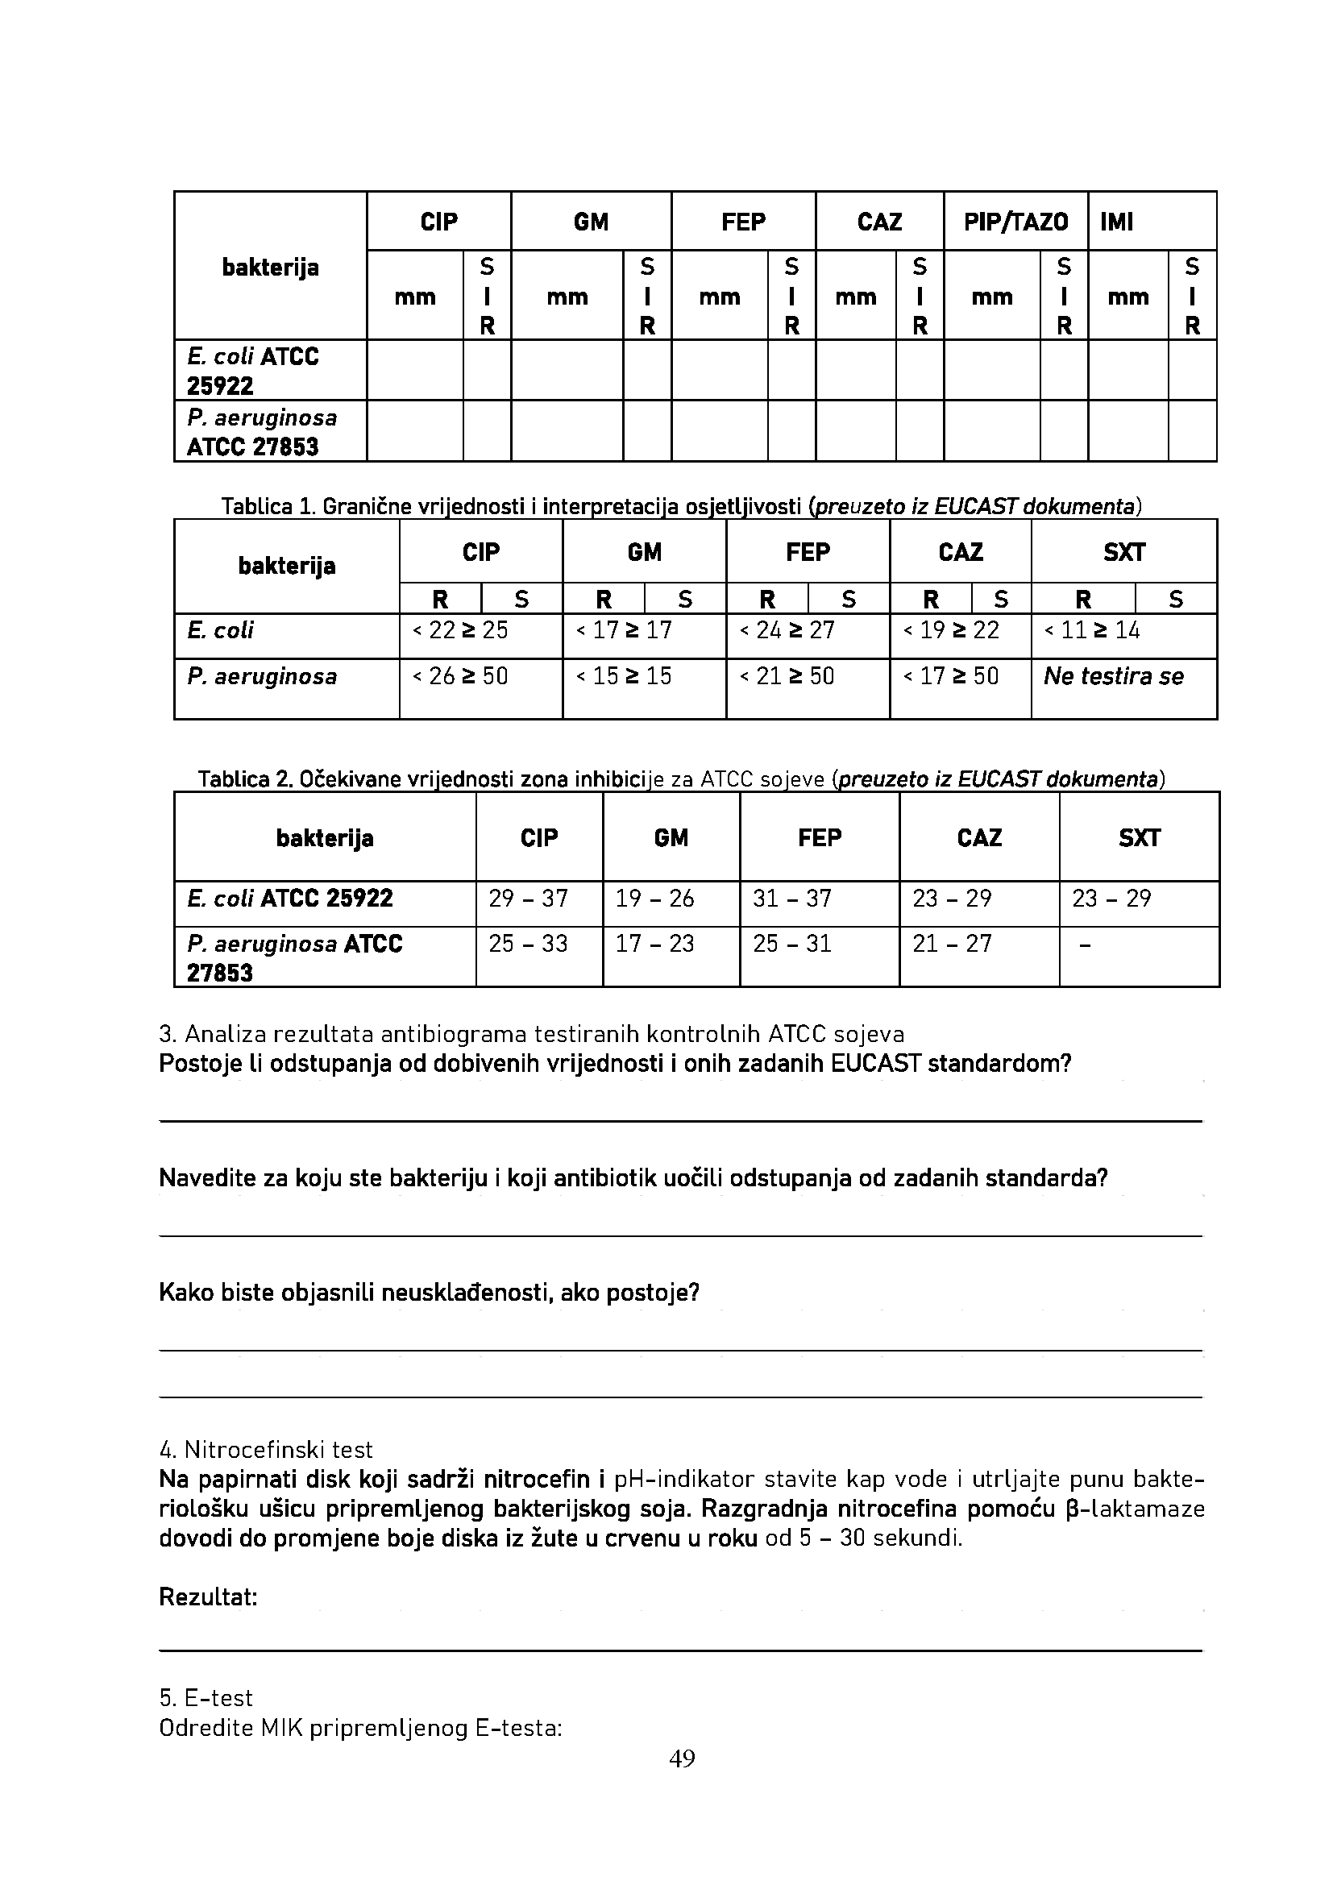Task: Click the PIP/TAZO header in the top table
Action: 1015,222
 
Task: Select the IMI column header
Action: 1116,222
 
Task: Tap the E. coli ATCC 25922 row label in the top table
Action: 253,371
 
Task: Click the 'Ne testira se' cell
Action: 1113,676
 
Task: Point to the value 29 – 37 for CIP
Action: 528,898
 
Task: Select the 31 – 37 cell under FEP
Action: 792,898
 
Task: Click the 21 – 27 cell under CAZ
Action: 952,944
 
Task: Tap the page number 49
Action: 682,1758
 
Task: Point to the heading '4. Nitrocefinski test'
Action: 265,1449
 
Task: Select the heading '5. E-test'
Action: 206,1698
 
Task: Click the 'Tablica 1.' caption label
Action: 268,507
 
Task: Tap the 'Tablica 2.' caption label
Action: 246,778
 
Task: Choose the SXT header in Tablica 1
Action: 1123,553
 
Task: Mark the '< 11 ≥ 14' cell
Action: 1091,630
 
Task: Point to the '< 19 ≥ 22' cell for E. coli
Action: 950,630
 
